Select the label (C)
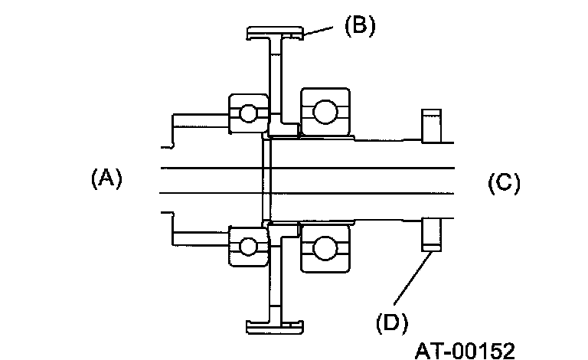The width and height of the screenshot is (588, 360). click(x=504, y=183)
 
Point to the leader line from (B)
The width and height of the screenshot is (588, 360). click(x=319, y=31)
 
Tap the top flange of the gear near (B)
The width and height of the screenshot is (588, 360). click(x=275, y=33)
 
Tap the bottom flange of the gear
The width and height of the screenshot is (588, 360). click(x=275, y=327)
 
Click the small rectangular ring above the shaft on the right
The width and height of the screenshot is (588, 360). click(x=431, y=126)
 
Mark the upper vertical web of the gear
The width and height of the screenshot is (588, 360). click(x=275, y=77)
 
